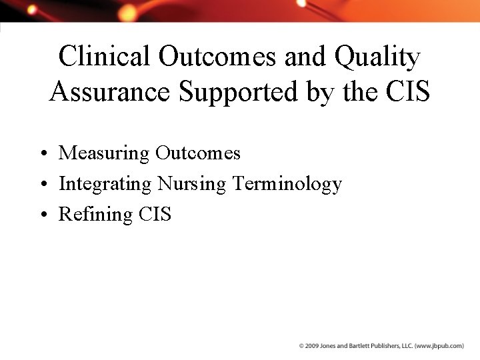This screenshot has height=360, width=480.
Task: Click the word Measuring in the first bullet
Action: (104, 153)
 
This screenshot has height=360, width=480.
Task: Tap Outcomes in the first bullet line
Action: (197, 153)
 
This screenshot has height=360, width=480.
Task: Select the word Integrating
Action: (105, 184)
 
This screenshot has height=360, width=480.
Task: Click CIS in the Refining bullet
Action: (155, 214)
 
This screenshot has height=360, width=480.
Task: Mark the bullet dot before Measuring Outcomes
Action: (43, 154)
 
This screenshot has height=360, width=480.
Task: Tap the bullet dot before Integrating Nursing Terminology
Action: (43, 185)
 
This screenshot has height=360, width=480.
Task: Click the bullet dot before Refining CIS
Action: (43, 215)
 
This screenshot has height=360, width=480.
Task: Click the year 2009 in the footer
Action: (311, 347)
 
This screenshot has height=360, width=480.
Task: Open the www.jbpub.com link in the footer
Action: (440, 347)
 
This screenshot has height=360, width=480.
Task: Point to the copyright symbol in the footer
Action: (301, 347)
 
